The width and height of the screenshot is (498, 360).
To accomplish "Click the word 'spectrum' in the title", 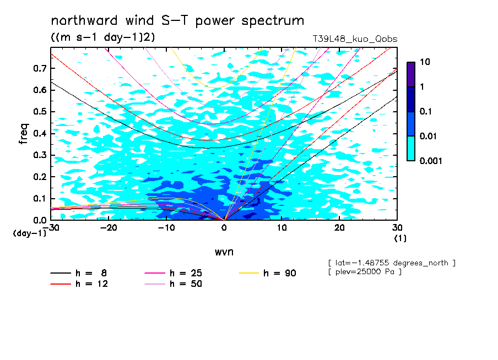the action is (273, 21).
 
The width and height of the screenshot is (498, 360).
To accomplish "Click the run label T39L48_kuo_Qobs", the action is (355, 39).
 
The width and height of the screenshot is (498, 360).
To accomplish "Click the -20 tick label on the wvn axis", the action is (109, 228).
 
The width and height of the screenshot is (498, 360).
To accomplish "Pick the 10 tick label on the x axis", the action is (282, 228).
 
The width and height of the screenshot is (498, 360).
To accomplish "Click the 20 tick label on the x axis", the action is (339, 228).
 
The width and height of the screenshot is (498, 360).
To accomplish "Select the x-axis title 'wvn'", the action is (224, 252).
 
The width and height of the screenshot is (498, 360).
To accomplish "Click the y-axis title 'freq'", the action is (24, 134).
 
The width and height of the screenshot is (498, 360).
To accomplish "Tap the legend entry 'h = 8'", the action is (78, 273).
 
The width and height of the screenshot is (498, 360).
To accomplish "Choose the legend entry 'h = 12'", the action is (79, 283).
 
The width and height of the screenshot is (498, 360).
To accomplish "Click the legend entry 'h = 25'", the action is (173, 273).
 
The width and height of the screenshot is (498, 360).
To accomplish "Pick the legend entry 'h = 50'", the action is (173, 283).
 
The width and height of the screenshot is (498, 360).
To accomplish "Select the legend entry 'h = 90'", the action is (267, 273).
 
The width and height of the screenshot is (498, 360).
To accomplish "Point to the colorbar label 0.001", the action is (431, 161).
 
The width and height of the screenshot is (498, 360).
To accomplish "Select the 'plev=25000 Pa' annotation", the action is (365, 272).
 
